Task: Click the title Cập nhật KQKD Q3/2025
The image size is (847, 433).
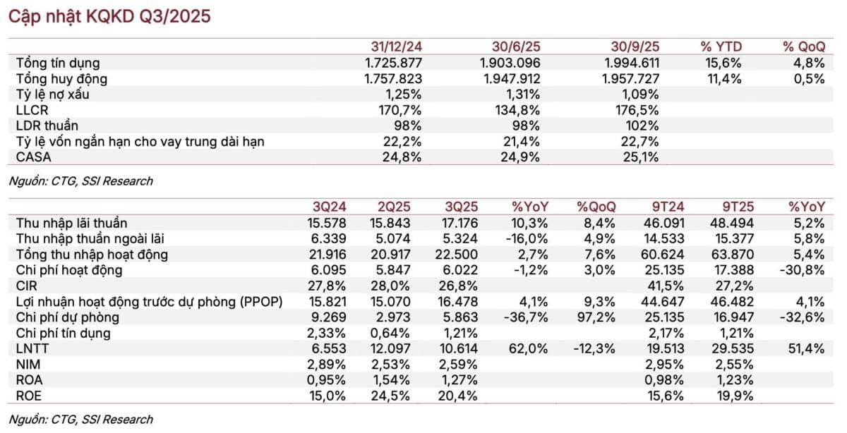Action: point(109,17)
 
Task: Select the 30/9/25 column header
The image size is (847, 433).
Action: point(635,47)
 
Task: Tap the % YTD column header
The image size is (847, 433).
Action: point(721,47)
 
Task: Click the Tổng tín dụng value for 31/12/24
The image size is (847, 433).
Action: point(393,63)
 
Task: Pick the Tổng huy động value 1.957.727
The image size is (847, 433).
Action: point(630,78)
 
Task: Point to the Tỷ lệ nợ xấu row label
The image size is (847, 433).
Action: point(52,94)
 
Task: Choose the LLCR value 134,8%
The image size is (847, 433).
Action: point(517,110)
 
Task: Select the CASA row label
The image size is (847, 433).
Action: point(33,157)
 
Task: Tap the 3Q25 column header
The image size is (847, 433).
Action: point(462,207)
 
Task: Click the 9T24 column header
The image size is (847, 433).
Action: point(668,207)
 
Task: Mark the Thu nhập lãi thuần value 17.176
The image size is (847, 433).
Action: point(459,224)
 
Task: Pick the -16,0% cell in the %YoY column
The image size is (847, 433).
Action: point(526,239)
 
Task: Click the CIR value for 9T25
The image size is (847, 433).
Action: point(734,286)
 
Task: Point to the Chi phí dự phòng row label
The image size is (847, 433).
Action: point(67,317)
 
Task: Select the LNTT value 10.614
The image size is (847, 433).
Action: point(459,348)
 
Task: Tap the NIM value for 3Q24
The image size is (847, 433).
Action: point(326,365)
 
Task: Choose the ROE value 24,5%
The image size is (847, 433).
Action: point(390,396)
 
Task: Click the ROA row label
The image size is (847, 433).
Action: point(29,380)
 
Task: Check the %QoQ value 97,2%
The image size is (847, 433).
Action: point(596,317)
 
